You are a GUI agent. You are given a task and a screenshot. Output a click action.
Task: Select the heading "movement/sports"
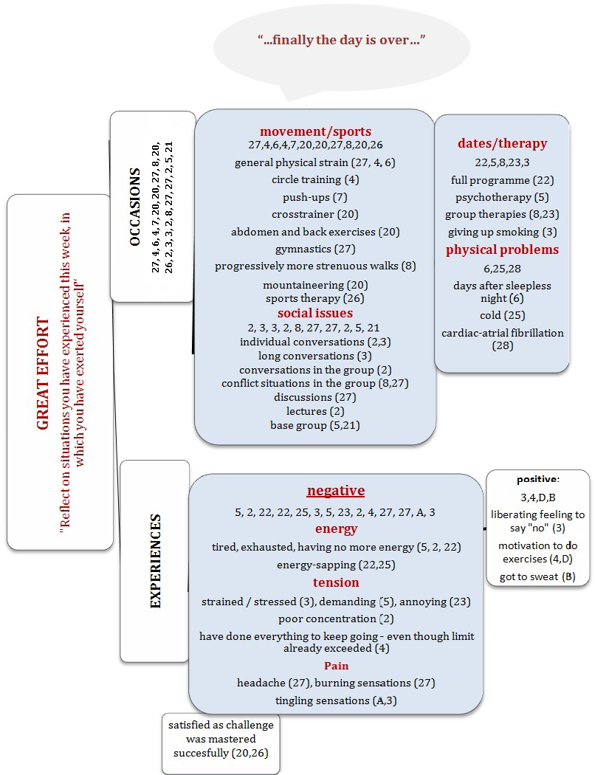coord(315,131)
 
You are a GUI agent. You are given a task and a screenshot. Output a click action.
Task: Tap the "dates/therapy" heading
coord(502,142)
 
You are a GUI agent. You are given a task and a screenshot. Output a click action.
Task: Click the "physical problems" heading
coord(502,249)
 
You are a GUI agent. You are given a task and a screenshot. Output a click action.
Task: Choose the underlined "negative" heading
coord(336,491)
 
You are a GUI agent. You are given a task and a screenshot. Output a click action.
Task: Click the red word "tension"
coord(336,583)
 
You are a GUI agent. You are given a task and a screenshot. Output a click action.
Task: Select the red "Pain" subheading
coord(336,666)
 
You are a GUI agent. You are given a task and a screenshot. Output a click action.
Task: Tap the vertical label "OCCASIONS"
coord(134,207)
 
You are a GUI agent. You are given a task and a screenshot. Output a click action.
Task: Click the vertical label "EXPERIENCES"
coord(155,561)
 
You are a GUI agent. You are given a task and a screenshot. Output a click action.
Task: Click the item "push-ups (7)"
coord(314,197)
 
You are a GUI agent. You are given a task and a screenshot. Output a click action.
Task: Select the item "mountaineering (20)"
coord(314,285)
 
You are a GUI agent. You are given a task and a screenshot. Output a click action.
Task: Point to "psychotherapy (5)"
coord(502,197)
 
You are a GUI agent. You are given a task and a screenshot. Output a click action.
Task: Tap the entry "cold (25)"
coord(502,315)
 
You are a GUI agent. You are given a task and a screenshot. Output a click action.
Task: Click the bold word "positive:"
coord(538,479)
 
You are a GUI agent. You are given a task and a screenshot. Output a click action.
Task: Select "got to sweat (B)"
coord(537,576)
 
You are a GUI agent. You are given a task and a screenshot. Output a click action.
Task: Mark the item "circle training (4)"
coord(315,179)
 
